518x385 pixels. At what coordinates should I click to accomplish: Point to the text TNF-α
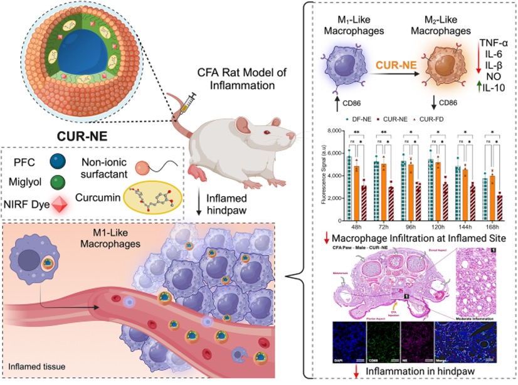click(494, 41)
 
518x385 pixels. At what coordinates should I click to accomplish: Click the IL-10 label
click(495, 94)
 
